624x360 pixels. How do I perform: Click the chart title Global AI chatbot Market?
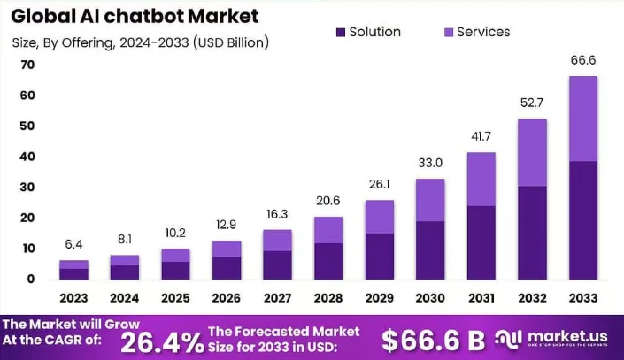pos(135,15)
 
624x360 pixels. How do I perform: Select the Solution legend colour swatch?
pos(341,32)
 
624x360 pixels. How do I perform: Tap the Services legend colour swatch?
pos(448,32)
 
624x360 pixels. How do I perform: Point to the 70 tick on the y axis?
pos(27,65)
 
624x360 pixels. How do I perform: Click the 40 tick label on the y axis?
pos(27,157)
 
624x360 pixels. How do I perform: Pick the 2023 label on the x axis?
pos(73,297)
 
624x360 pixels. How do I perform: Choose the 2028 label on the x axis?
pos(328,297)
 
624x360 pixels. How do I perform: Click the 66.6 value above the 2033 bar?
pos(583,60)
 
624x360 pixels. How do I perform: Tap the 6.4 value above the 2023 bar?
pos(73,244)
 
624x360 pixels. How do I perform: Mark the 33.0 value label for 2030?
pos(430,163)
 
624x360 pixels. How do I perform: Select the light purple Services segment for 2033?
pos(583,119)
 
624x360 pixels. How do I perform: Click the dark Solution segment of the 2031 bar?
pos(481,243)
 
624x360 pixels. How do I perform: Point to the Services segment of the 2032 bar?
pos(532,152)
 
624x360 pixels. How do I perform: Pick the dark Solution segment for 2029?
pos(380,257)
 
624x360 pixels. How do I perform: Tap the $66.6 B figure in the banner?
pos(434,340)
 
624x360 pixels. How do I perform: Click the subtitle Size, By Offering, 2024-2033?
pos(141,42)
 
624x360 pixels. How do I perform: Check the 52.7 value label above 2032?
pos(532,103)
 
